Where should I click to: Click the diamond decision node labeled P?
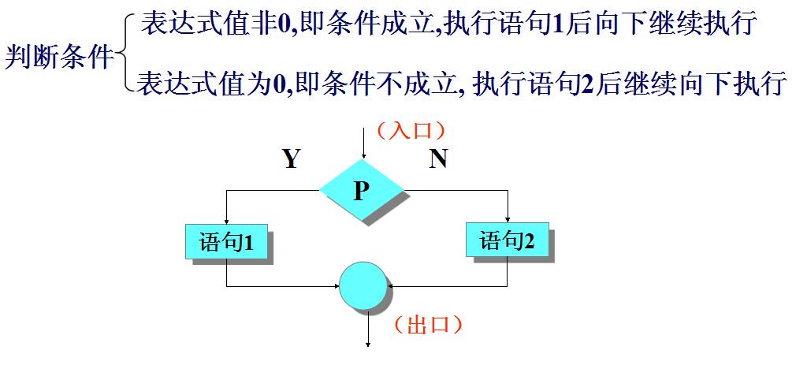click(362, 190)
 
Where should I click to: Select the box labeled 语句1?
click(225, 241)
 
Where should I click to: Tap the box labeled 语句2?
click(508, 240)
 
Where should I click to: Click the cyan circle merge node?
click(364, 286)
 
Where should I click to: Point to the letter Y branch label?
click(292, 160)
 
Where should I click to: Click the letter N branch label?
click(438, 160)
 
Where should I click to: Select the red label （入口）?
click(411, 130)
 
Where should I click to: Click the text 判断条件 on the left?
click(59, 57)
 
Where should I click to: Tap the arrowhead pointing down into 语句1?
click(226, 220)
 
